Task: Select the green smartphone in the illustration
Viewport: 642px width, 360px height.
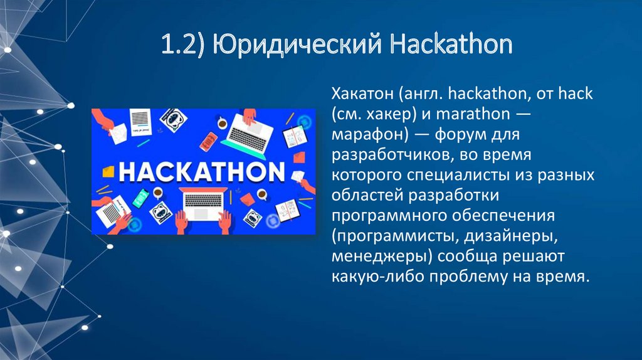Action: click(x=139, y=199)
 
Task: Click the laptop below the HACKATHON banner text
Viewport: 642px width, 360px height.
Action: click(x=203, y=202)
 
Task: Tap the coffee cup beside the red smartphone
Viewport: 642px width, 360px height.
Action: click(x=223, y=124)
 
